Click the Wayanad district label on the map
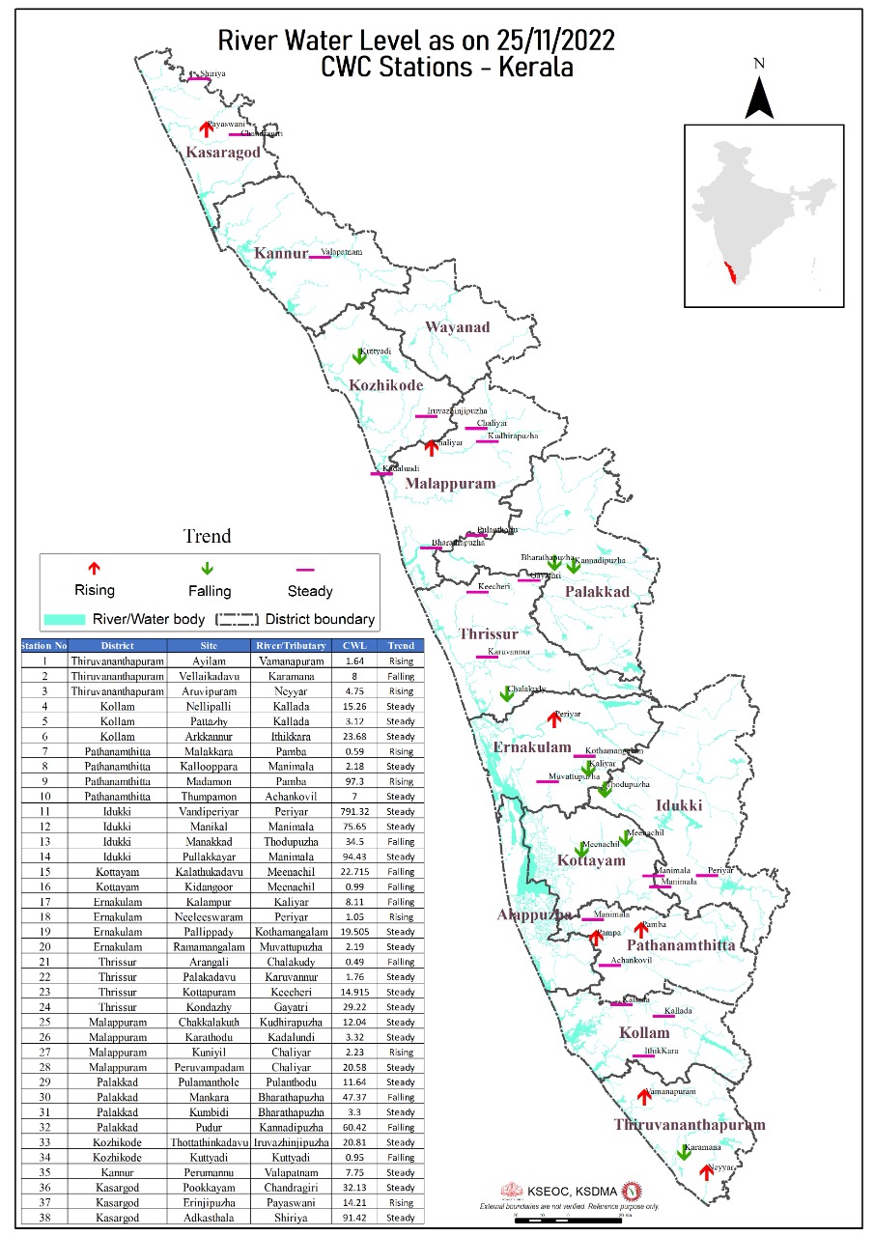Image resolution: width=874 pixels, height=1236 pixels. tap(457, 327)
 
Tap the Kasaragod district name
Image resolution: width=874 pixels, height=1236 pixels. tap(223, 152)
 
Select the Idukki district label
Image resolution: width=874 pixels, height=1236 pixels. tap(679, 805)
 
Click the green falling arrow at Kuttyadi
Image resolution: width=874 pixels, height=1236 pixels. tap(358, 356)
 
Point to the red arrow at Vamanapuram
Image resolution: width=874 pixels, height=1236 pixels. tap(644, 1097)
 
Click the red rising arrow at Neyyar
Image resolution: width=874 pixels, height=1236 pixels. tap(707, 1171)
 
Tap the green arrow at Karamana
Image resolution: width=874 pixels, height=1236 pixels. tap(684, 1152)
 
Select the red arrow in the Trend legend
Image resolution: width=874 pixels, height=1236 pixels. tap(94, 569)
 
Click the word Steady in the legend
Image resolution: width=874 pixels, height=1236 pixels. tap(310, 591)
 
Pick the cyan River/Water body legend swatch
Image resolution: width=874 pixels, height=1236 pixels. tap(64, 619)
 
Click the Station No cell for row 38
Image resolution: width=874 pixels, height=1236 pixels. tap(44, 1218)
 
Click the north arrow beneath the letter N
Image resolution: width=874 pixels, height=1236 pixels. tap(759, 97)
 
